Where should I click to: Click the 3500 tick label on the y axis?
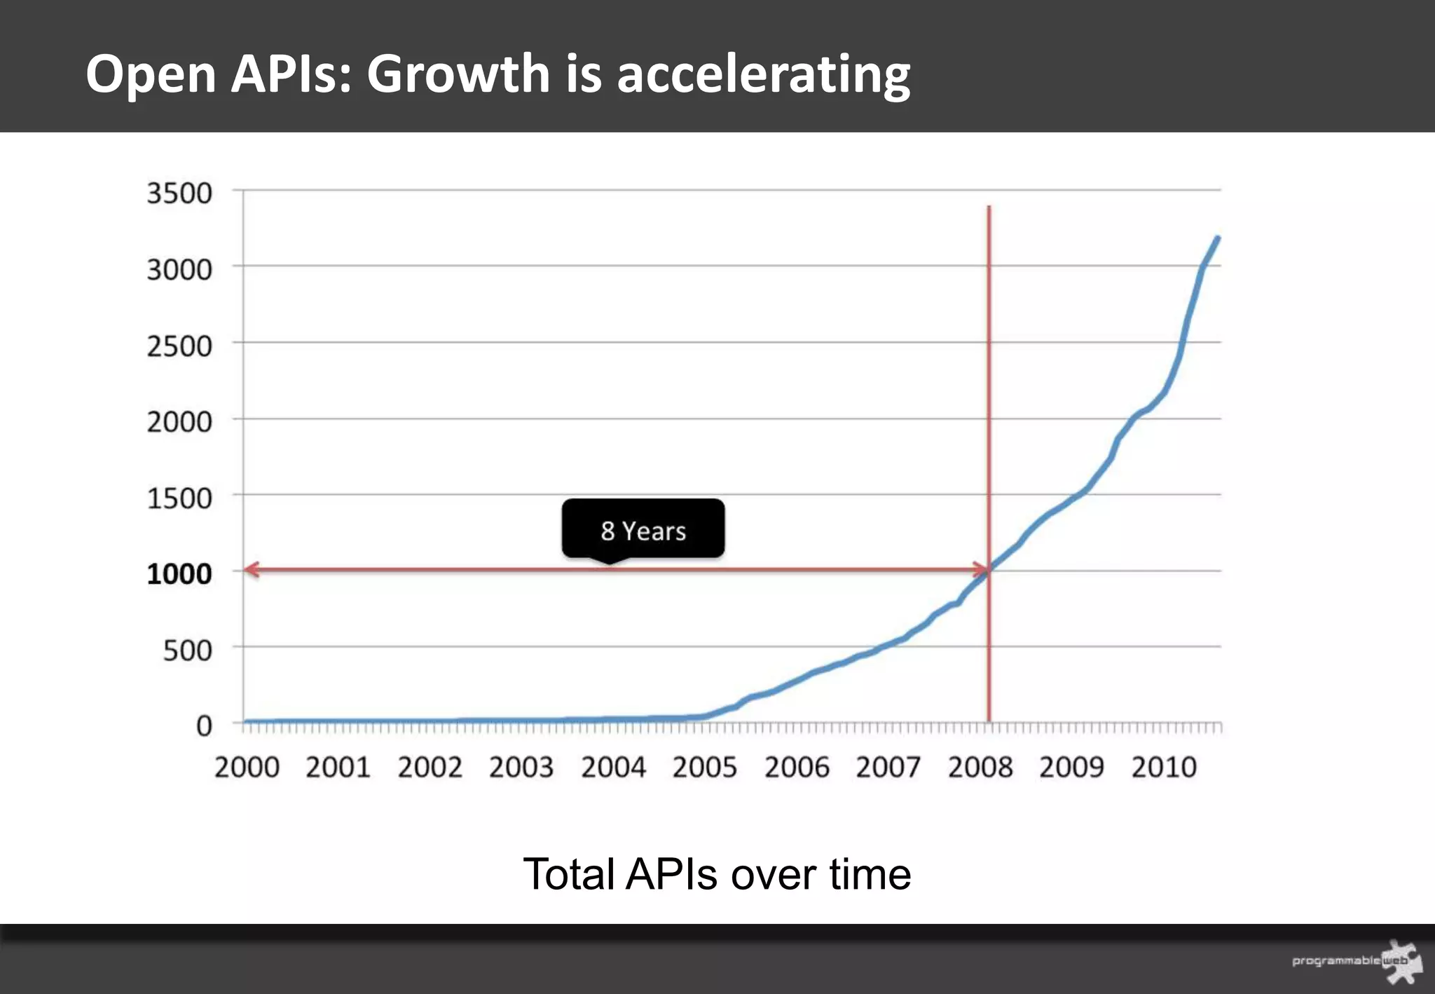[x=179, y=193]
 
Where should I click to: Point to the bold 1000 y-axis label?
[x=179, y=574]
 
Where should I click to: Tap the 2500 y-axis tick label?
[x=179, y=346]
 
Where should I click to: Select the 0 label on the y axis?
[x=203, y=726]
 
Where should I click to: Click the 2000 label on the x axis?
[x=247, y=767]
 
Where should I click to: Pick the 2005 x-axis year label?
[x=704, y=767]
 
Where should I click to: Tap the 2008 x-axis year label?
[x=980, y=767]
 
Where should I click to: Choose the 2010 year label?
[x=1163, y=767]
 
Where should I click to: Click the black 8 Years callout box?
[x=643, y=529]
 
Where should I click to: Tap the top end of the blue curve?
[x=1217, y=239]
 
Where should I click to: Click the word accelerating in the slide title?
[x=763, y=74]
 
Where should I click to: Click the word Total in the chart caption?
[x=568, y=874]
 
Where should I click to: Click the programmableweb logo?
[x=1356, y=960]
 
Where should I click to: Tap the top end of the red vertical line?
[x=989, y=207]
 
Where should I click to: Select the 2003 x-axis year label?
[x=521, y=767]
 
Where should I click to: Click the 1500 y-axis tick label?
[x=179, y=498]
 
